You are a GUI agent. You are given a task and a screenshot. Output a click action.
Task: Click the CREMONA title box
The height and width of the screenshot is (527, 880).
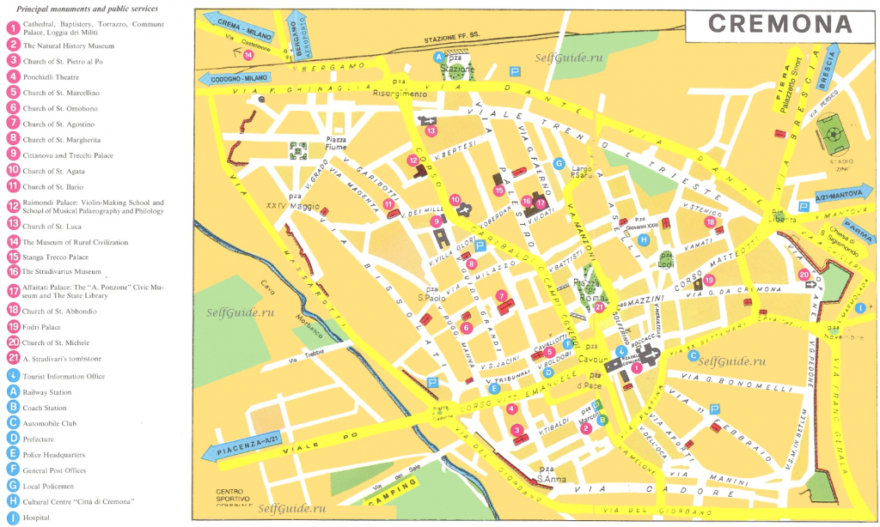[780, 24]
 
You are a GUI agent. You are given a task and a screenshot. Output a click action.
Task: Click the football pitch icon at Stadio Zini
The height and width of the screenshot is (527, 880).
[832, 136]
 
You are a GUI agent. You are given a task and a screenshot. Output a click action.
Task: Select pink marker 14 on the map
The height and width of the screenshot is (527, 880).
[247, 55]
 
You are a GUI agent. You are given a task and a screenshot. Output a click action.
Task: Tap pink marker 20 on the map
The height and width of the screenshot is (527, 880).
[804, 275]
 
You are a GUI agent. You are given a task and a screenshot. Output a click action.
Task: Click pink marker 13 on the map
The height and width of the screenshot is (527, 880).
[431, 130]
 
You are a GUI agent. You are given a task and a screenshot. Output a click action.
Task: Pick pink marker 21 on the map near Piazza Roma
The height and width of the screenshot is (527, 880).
[600, 307]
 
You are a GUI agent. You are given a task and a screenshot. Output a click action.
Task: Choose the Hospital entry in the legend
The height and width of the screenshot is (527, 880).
[38, 518]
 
